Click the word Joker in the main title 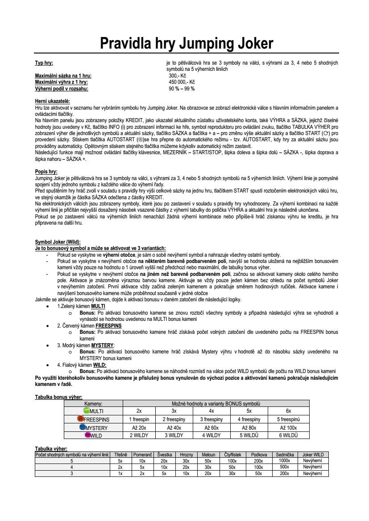(251, 44)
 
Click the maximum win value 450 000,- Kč (182, 82)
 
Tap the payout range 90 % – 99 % (182, 88)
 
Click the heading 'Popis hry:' (46, 171)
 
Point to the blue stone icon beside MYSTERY (83, 427)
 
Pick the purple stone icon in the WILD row (88, 435)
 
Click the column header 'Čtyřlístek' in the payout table (232, 455)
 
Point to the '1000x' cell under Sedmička (284, 460)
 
